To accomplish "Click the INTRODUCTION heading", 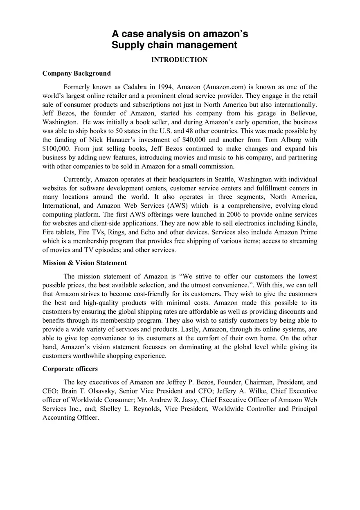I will [179, 60].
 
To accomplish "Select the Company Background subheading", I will [76, 74].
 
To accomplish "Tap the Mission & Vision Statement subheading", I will [85, 263].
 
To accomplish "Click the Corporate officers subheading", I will [70, 369].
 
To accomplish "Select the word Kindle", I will [307, 223].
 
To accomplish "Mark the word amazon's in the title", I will [221, 34].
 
